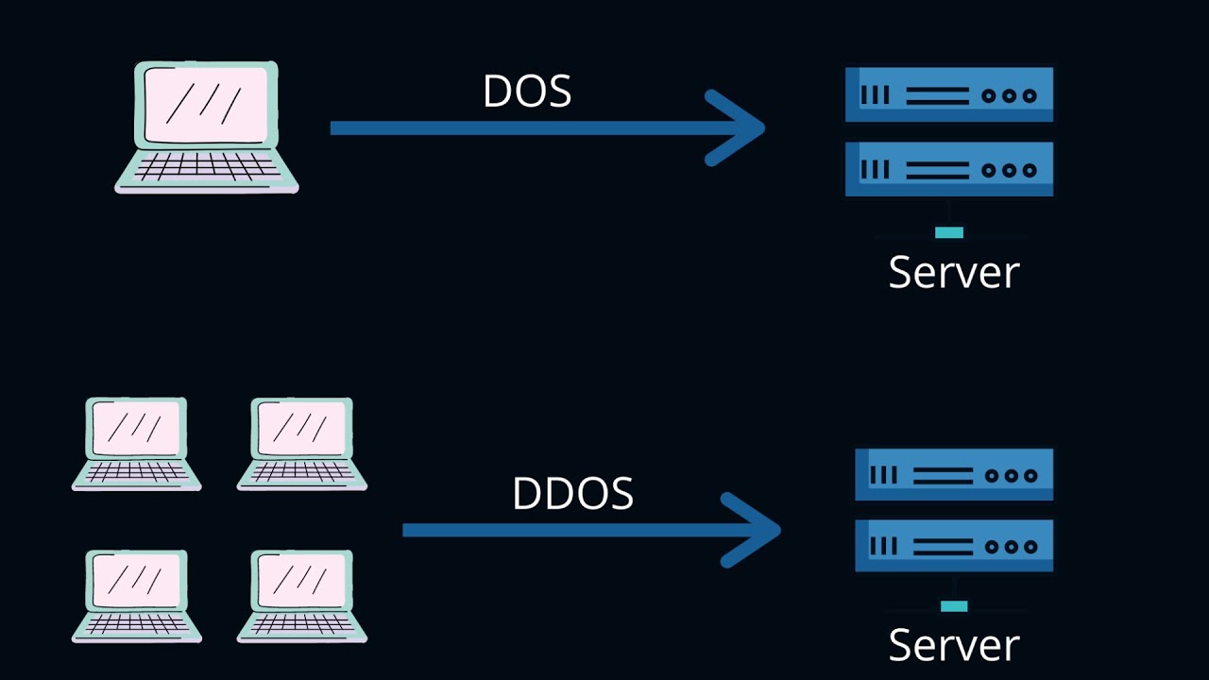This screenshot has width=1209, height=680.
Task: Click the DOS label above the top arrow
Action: pos(527,92)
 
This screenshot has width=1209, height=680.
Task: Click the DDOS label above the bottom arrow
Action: pos(572,494)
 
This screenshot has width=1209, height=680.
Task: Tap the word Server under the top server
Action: pos(954,272)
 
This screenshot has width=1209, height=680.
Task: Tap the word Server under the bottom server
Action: pos(954,645)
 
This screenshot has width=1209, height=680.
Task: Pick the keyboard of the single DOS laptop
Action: pos(207,168)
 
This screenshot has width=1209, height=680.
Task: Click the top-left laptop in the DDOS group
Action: pos(136,443)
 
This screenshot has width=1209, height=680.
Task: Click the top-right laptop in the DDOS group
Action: pos(301,443)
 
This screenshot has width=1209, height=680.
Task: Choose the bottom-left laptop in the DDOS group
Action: pos(136,595)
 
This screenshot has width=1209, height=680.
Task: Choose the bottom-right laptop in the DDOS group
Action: pos(301,595)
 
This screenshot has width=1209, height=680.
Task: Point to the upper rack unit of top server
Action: pos(948,94)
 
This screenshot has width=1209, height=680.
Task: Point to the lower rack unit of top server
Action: pos(948,170)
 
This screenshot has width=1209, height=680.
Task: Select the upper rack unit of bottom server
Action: pos(954,475)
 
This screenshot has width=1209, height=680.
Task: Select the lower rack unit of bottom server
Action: pos(954,546)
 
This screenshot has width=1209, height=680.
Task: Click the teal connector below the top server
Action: pos(949,232)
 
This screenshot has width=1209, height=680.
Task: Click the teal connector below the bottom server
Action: pos(954,606)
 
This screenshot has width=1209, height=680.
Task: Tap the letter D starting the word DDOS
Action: pos(527,494)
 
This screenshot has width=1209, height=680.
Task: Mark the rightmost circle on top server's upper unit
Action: pos(1030,95)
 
